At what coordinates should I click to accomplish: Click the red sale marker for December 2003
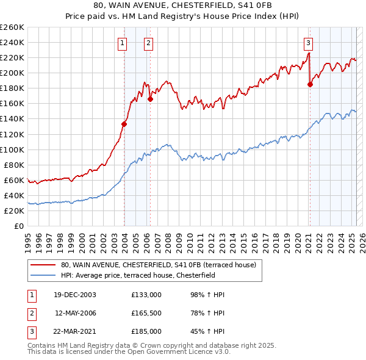pos(124,124)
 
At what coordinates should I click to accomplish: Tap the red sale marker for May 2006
pos(150,99)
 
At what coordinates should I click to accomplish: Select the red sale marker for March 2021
pos(310,84)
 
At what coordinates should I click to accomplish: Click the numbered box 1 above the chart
pos(123,43)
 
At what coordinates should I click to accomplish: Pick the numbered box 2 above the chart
pos(148,43)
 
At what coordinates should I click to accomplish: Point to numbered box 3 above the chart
pos(309,43)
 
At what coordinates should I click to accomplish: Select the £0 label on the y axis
pos(18,226)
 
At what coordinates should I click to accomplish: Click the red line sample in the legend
pos(43,265)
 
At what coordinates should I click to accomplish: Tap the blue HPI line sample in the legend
pos(43,275)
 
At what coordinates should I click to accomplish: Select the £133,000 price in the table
pos(146,295)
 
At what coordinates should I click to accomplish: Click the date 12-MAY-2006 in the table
pos(76,313)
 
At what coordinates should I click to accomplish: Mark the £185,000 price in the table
pos(146,331)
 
